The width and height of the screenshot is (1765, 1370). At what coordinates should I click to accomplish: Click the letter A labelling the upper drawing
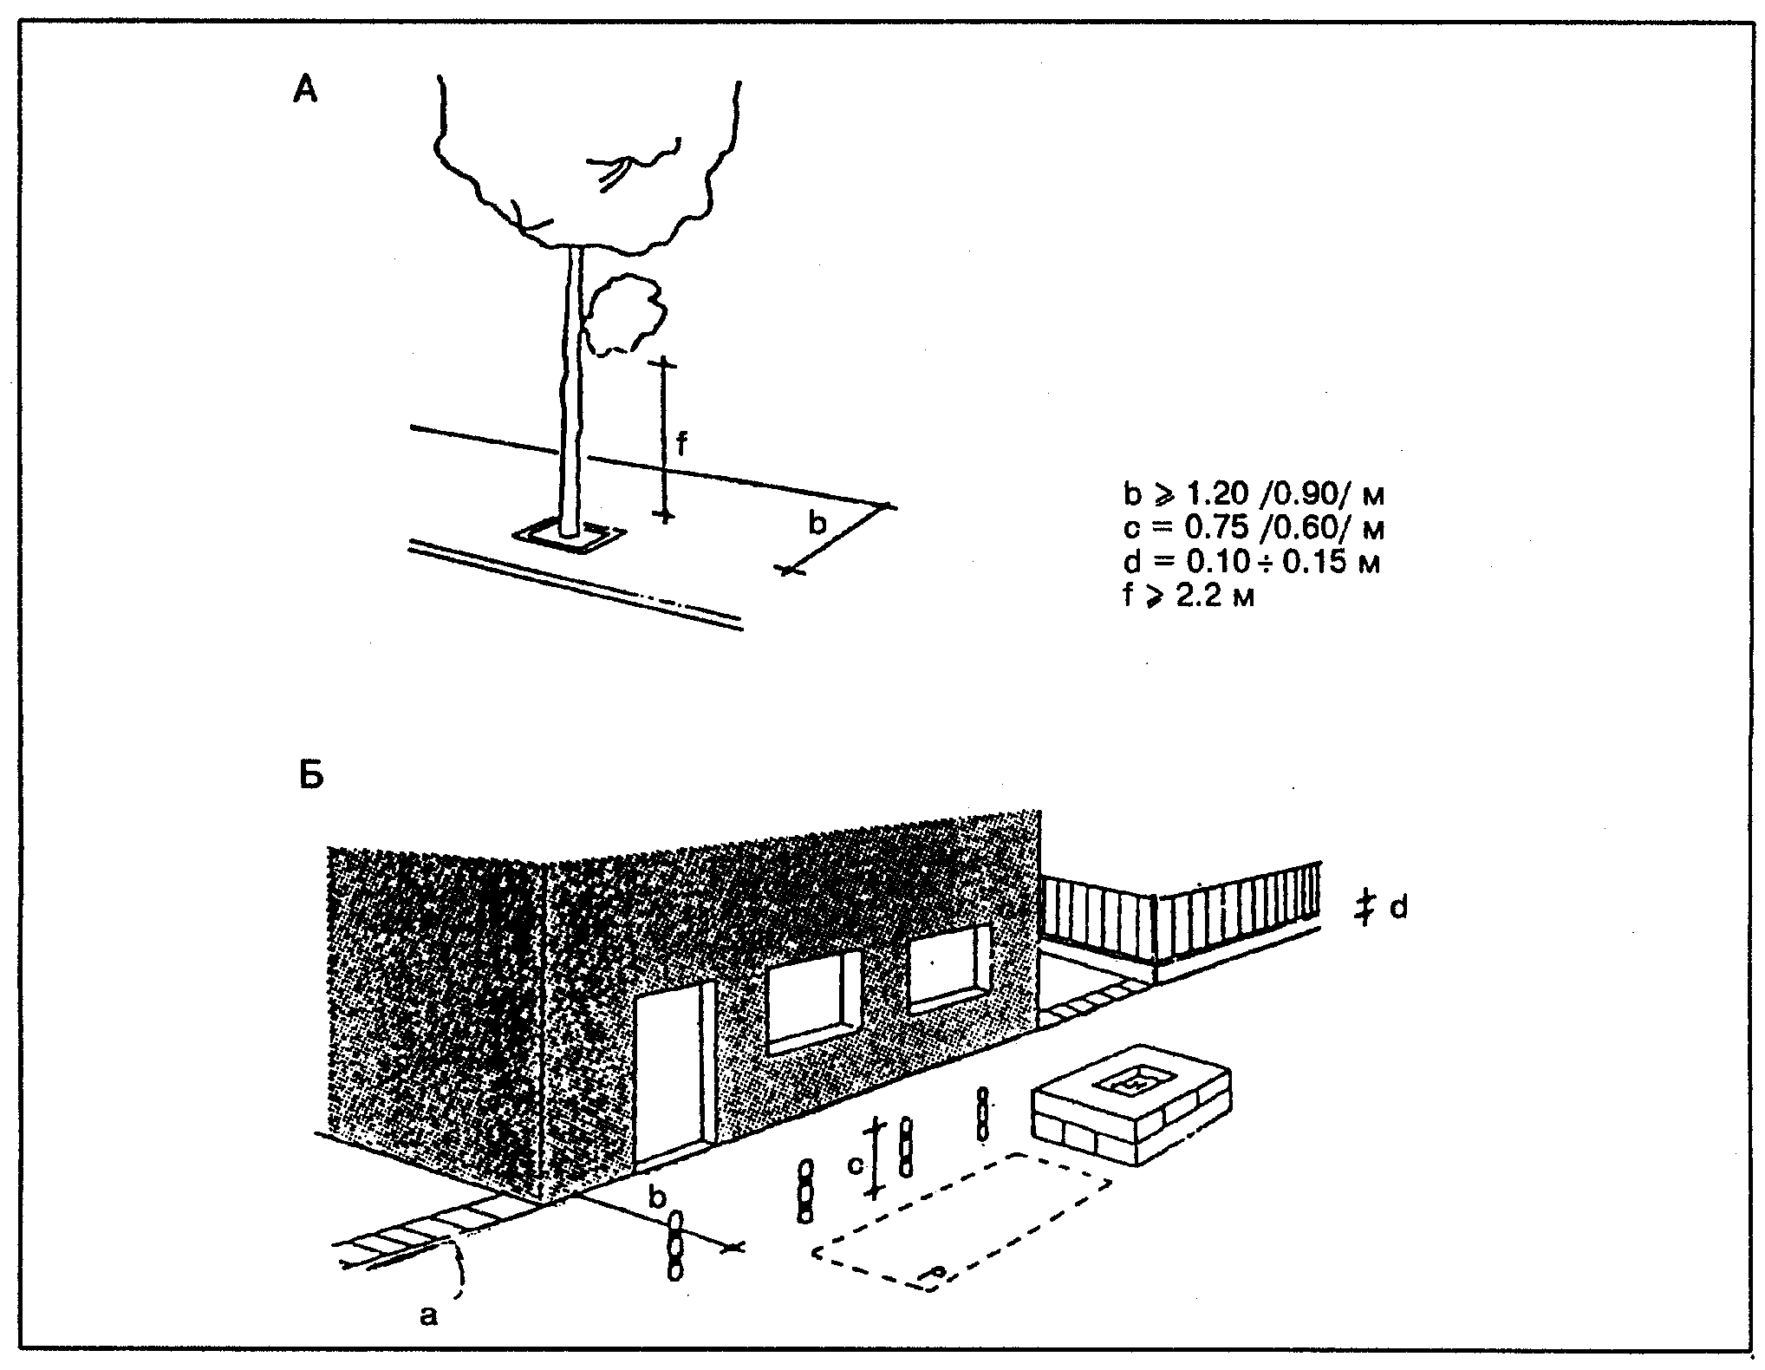305,89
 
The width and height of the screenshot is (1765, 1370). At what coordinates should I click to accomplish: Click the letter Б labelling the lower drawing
311,776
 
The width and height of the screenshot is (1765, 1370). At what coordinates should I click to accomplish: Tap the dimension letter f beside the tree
681,444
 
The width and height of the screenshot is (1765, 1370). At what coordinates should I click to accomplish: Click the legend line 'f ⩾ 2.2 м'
1189,597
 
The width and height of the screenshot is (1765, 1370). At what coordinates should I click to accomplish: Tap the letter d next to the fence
1398,908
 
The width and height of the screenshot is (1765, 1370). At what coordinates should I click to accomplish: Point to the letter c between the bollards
856,1165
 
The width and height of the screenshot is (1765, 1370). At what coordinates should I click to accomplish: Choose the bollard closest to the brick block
982,1114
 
